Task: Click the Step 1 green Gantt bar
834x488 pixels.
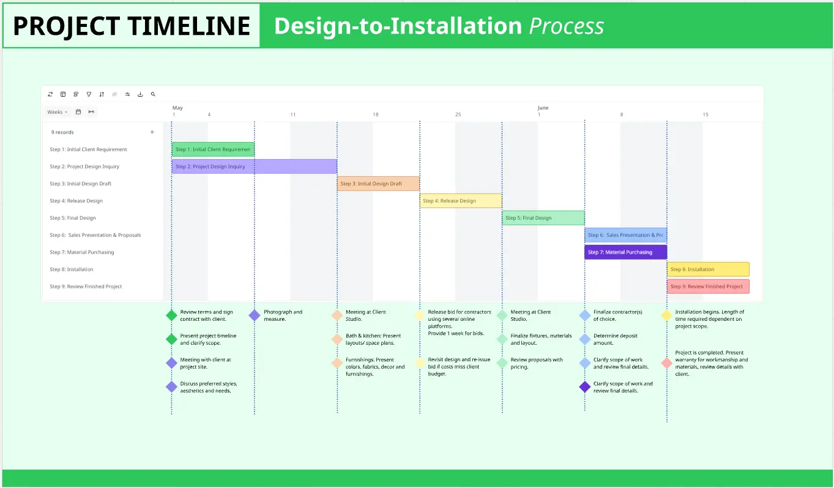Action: point(212,149)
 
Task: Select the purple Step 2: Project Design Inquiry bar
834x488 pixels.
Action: point(254,167)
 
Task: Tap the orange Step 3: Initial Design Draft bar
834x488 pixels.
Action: point(378,184)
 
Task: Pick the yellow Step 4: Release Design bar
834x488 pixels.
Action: point(460,201)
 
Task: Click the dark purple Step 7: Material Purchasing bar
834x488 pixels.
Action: point(625,252)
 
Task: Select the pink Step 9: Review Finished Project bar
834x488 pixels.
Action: point(707,287)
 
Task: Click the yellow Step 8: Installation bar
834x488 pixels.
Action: point(707,269)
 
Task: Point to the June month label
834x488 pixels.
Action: point(543,108)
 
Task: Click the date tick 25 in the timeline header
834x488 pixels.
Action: point(458,115)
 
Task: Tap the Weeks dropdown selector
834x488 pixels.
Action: point(58,112)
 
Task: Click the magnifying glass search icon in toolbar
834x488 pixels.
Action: point(153,94)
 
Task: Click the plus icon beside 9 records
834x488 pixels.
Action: point(152,132)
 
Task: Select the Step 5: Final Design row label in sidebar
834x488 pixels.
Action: point(73,218)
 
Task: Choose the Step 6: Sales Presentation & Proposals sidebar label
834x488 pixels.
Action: point(95,235)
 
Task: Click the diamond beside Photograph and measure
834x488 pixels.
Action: point(255,315)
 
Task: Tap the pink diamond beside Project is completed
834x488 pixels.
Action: point(667,363)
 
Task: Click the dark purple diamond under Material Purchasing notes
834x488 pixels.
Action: point(585,387)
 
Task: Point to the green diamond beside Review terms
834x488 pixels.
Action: point(172,315)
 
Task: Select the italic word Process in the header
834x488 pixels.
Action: point(566,26)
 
